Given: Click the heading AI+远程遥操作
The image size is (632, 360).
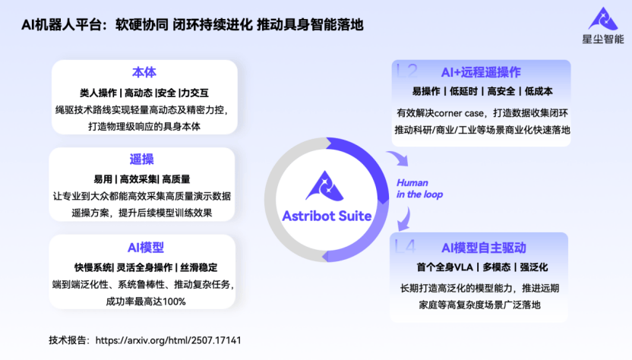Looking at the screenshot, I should coord(480,72).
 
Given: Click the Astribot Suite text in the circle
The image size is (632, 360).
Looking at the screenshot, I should coord(327,216).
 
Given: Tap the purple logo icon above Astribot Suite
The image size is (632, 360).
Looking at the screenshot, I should coord(327,185).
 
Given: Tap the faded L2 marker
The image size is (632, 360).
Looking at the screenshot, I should coord(408,71).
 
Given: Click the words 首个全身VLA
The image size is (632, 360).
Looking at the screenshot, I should coord(447,268).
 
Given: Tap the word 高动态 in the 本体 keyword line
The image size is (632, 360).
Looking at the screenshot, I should coord(137,93).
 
